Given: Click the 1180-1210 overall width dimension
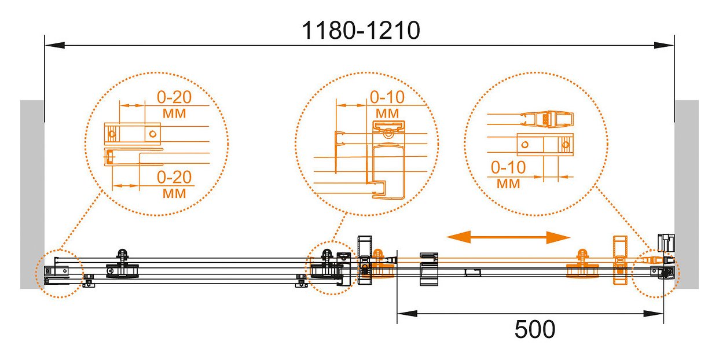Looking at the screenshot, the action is tap(361, 31).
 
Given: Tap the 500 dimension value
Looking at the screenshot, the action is tap(534, 329).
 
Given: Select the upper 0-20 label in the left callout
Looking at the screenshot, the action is tap(174, 97).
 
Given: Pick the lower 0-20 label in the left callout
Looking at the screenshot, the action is tap(174, 177).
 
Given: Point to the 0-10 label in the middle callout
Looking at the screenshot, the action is tap(387, 97).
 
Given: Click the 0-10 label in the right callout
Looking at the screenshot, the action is tap(508, 167).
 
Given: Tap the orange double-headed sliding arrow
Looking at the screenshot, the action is tap(508, 237).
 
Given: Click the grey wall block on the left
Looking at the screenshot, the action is tap(32, 194).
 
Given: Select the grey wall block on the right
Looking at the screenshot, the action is tap(687, 194).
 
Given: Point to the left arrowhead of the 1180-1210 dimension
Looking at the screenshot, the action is tap(54, 45).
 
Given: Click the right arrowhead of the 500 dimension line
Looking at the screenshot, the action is tap(654, 314).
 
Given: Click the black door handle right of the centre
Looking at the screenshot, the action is tap(429, 269).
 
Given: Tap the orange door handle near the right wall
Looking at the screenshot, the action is tap(620, 260).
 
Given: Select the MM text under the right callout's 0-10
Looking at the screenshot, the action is tap(508, 184).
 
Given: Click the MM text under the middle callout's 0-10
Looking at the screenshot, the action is tap(387, 113).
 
